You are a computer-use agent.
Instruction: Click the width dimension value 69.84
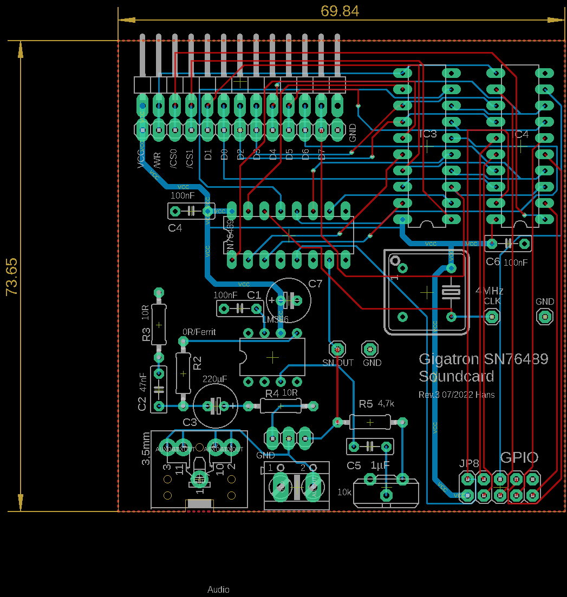click(x=340, y=11)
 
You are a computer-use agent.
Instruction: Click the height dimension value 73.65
click(x=12, y=276)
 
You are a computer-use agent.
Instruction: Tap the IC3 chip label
click(x=428, y=134)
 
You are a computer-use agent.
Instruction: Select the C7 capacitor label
click(x=315, y=284)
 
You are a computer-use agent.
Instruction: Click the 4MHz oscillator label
click(x=490, y=291)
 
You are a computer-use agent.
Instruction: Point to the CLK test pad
click(x=492, y=316)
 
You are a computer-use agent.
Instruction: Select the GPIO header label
click(x=519, y=457)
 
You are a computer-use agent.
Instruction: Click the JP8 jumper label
click(x=469, y=463)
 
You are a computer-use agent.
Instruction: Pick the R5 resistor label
click(x=366, y=404)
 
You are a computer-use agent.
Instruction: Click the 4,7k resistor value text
click(x=386, y=403)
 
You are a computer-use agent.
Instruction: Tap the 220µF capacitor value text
click(x=215, y=379)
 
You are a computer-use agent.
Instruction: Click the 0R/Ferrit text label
click(x=199, y=332)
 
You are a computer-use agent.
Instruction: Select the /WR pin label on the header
click(x=158, y=160)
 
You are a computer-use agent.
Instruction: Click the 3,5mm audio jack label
click(x=146, y=449)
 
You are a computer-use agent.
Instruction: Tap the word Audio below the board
click(x=218, y=589)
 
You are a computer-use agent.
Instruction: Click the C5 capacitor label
click(x=354, y=465)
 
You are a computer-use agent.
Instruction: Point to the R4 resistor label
click(x=272, y=393)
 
